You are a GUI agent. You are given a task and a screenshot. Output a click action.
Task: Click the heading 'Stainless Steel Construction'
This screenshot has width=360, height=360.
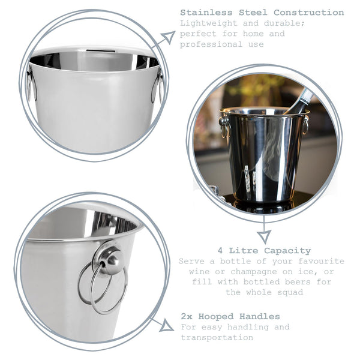point(262,13)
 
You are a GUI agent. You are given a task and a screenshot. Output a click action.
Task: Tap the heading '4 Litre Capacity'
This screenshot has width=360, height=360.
point(264,251)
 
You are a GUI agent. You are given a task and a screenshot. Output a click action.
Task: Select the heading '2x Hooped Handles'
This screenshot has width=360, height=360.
point(230,316)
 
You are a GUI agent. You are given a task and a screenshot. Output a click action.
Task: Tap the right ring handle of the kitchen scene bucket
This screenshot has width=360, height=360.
point(305,125)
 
